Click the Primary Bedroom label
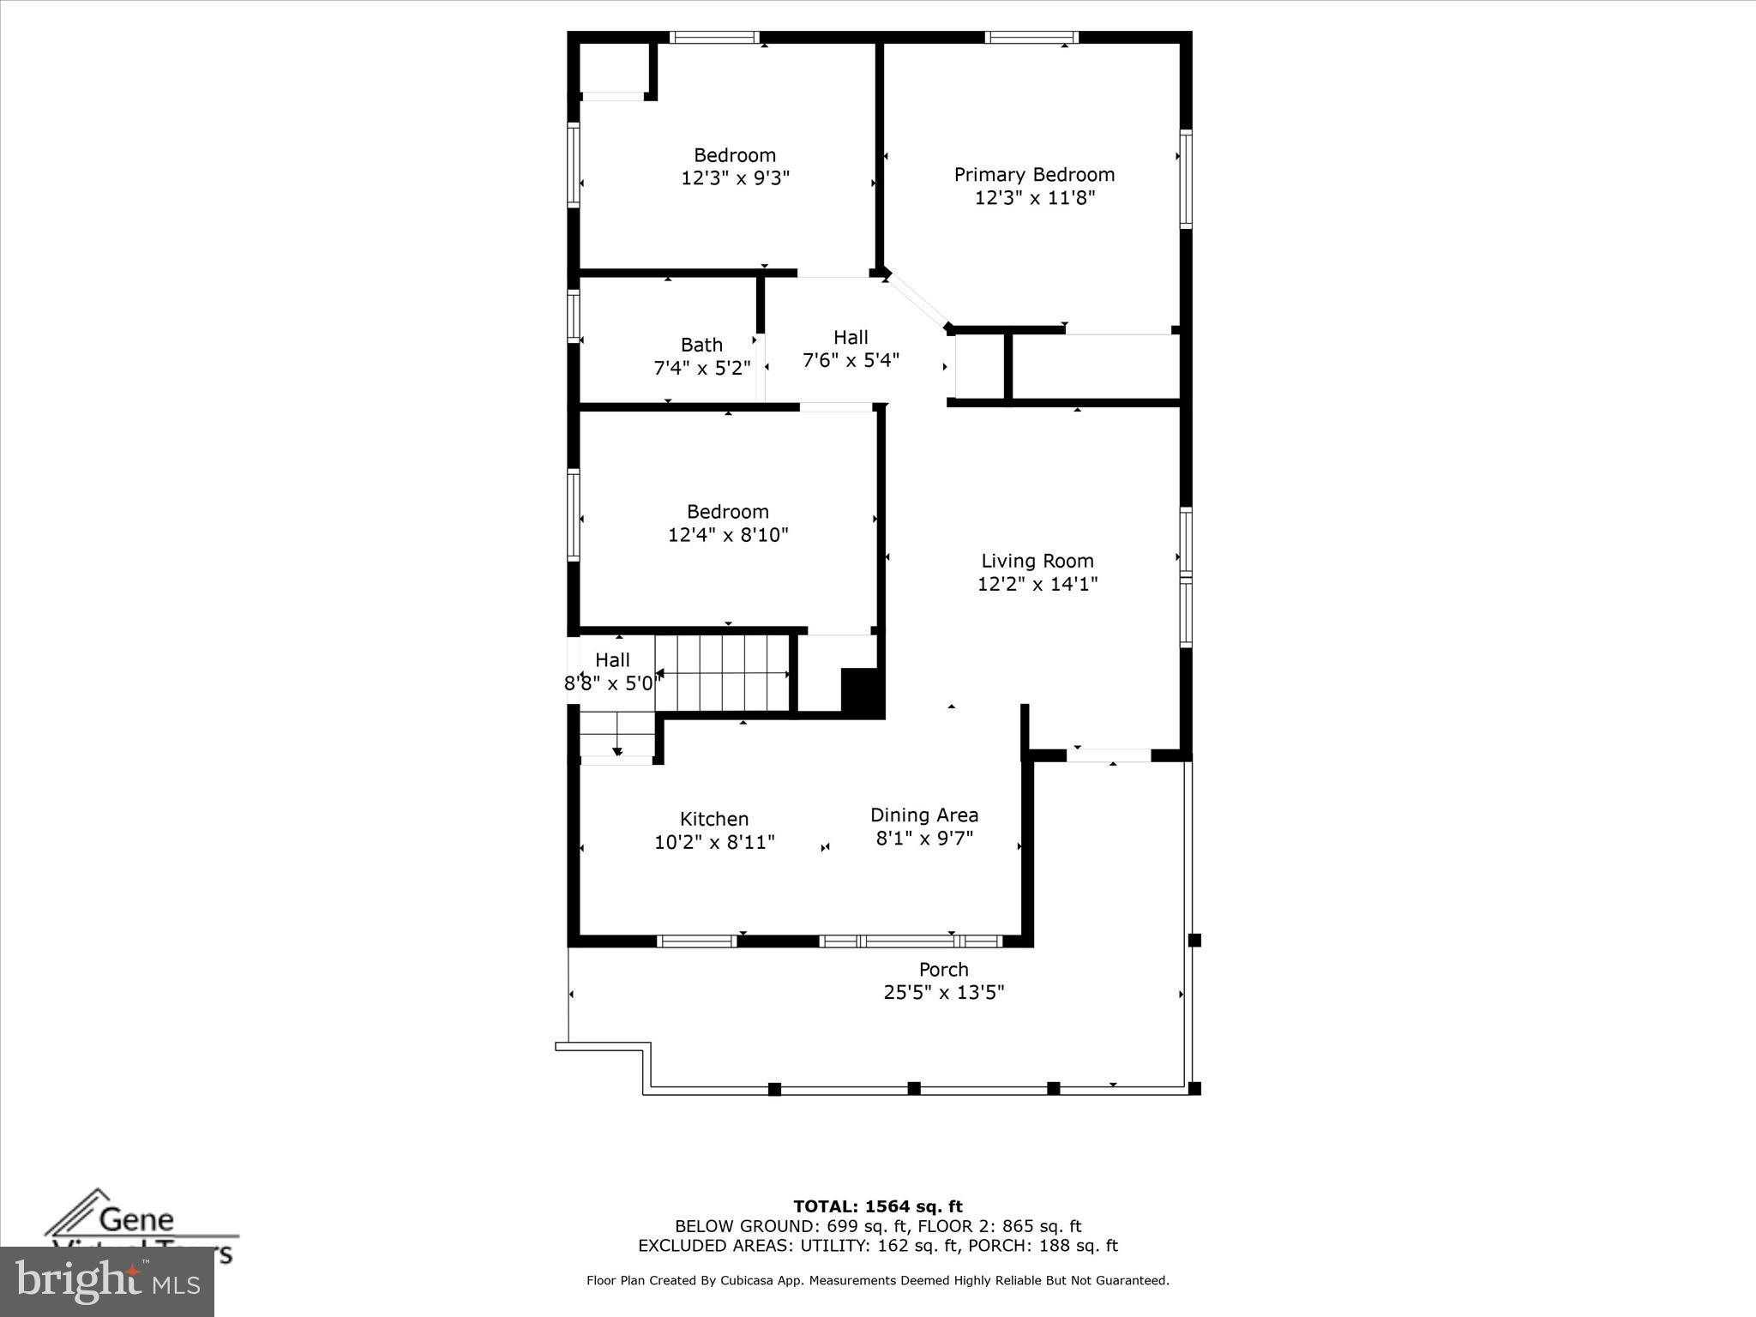pyautogui.click(x=1034, y=175)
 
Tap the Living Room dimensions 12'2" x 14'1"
pyautogui.click(x=1037, y=584)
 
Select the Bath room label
pyautogui.click(x=701, y=345)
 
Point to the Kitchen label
pyautogui.click(x=714, y=819)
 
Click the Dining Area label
pyautogui.click(x=923, y=815)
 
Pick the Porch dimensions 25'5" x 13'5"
pyautogui.click(x=943, y=992)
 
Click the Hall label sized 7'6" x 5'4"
pyautogui.click(x=851, y=338)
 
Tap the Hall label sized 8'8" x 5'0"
pyautogui.click(x=612, y=659)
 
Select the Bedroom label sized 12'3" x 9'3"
pyautogui.click(x=735, y=155)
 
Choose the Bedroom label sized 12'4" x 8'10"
pyautogui.click(x=727, y=512)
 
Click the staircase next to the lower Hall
pyautogui.click(x=722, y=673)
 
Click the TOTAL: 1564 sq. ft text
pyautogui.click(x=877, y=1207)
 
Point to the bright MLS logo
pyautogui.click(x=107, y=1282)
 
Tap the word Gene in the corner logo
pyautogui.click(x=137, y=1218)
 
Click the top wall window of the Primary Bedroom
pyautogui.click(x=1031, y=37)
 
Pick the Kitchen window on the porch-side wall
pyautogui.click(x=696, y=941)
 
